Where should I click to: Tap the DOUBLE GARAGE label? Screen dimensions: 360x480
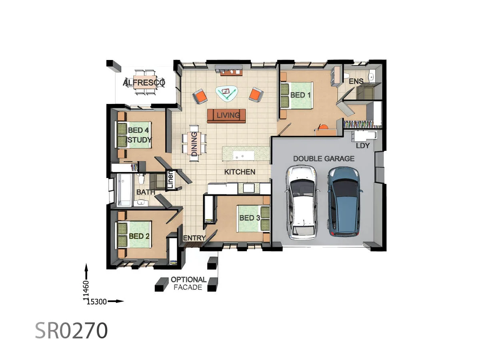point(324,159)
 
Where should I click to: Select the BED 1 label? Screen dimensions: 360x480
point(300,95)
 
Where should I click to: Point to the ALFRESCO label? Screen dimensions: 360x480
point(144,83)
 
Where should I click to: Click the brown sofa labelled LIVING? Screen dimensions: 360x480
point(226,116)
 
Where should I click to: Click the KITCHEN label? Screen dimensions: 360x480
point(240,172)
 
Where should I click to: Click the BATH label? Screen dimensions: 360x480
point(146,192)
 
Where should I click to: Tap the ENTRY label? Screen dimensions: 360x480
point(194,238)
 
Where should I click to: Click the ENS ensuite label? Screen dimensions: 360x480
point(356,82)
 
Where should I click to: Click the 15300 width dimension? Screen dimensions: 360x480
point(97,302)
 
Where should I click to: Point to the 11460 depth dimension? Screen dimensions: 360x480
point(86,290)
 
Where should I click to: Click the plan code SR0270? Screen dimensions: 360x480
point(72,331)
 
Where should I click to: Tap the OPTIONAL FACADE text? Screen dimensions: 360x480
point(188,284)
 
